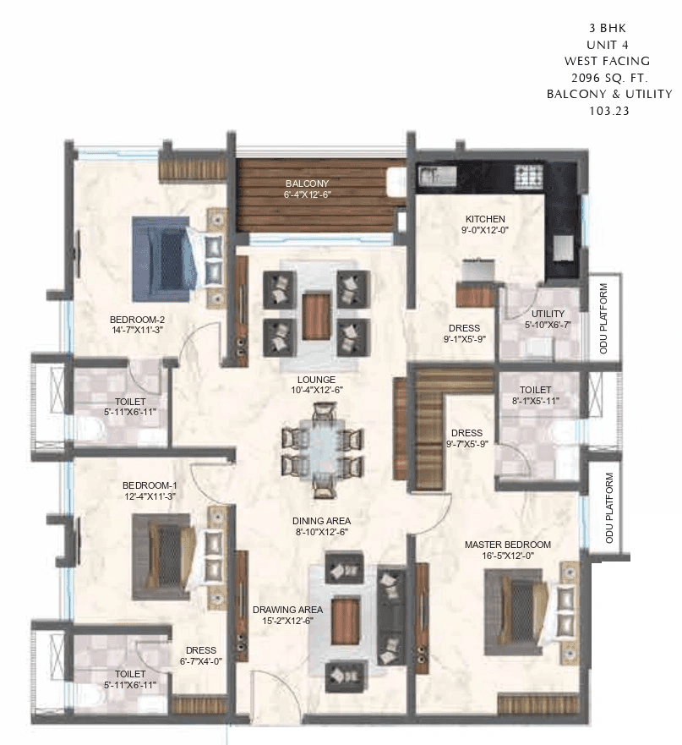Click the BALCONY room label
[x=306, y=183]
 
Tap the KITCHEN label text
[x=484, y=219]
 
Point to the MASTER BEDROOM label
[x=507, y=545]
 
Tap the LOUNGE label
[x=316, y=380]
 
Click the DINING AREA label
[x=321, y=521]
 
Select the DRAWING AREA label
[x=282, y=608]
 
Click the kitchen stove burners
[x=529, y=177]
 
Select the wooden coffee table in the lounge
[x=315, y=314]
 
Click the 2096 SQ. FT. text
[x=608, y=77]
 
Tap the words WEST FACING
[x=608, y=61]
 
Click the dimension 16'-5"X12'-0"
[x=507, y=556]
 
